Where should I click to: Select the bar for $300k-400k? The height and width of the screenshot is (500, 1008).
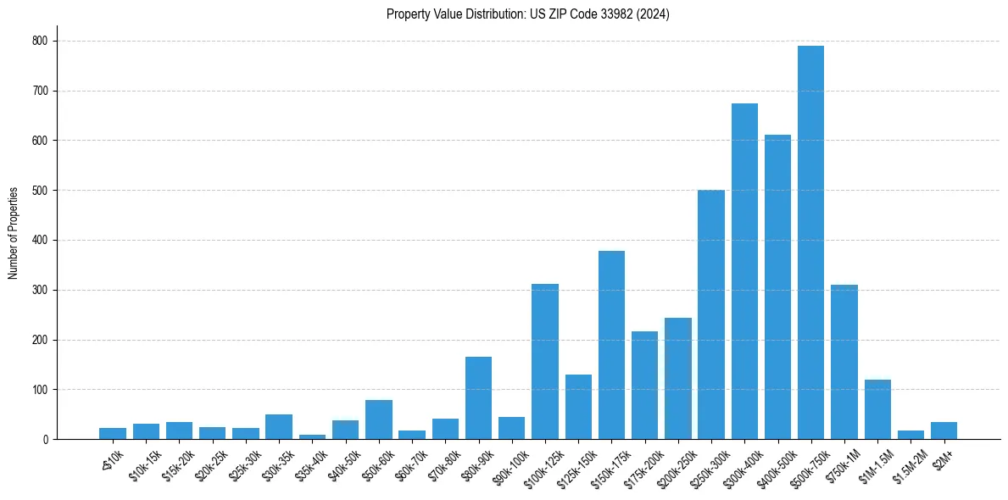(744, 271)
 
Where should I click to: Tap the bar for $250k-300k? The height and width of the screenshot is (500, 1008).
(710, 314)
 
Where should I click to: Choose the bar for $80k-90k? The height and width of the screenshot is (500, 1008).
(478, 398)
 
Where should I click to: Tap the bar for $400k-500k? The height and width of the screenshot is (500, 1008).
(777, 287)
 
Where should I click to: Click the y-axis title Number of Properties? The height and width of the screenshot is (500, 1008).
(14, 233)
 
